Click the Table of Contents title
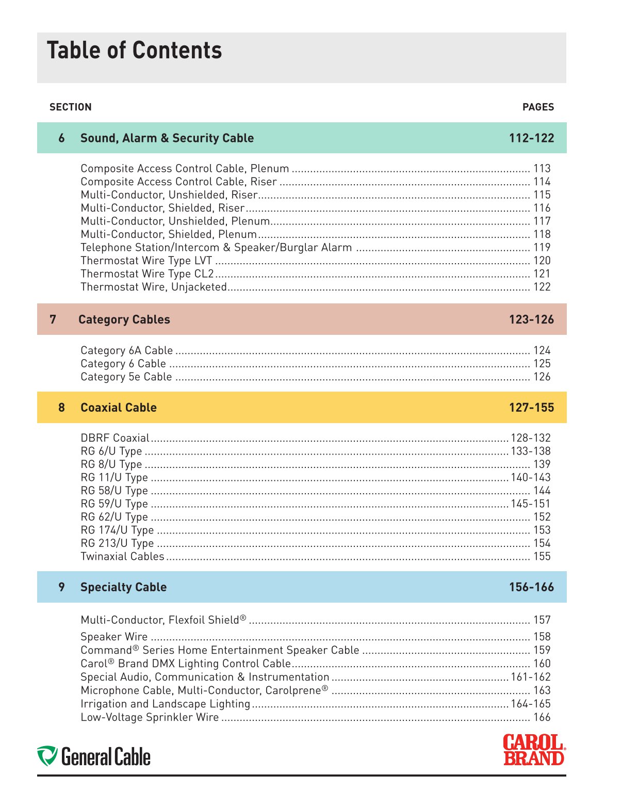coord(134,51)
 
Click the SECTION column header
coord(70,107)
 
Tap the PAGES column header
coord(538,107)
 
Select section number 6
coord(61,138)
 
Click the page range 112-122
coord(531,138)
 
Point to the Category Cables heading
coord(124,320)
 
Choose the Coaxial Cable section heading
coord(118,408)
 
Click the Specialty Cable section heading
coord(123,587)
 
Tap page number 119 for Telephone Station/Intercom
coord(542,248)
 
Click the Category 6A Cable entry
coord(126,351)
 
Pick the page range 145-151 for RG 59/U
coord(531,504)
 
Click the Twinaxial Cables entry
coord(122,557)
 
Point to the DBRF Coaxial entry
coord(114,438)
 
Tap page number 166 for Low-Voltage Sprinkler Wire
coord(542,718)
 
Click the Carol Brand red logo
coord(534,750)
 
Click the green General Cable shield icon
coord(47,755)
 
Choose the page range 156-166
coord(531,587)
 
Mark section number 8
coord(61,408)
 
